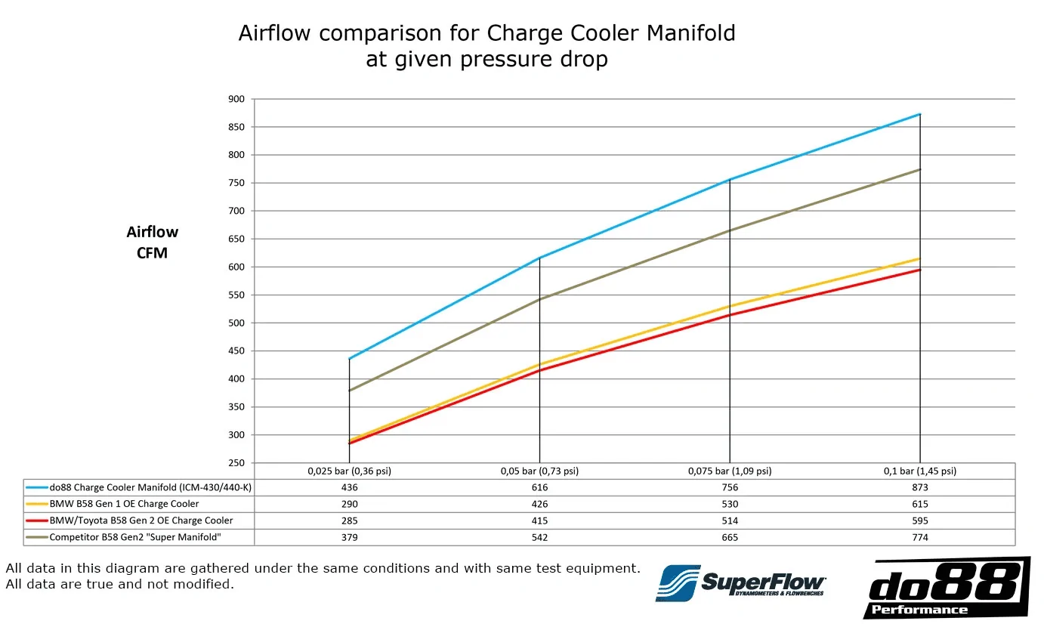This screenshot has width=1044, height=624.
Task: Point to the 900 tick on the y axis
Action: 236,99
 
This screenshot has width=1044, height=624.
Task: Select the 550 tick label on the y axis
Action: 236,295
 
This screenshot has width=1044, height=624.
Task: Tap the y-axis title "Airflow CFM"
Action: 153,242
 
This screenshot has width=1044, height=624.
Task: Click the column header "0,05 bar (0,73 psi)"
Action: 539,471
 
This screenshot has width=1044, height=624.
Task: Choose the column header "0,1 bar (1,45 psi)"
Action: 920,471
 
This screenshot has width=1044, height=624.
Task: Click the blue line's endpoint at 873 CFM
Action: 920,114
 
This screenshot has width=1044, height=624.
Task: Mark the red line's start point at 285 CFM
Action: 350,443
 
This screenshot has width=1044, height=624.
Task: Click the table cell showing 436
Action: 350,487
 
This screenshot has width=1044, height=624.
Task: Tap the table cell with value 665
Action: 730,537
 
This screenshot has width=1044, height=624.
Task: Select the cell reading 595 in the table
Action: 920,521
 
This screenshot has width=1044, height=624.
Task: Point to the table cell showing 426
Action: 539,504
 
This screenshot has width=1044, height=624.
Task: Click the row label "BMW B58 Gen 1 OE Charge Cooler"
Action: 124,504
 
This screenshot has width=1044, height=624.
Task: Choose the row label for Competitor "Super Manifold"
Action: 135,537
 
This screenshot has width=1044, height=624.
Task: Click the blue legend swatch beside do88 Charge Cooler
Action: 37,487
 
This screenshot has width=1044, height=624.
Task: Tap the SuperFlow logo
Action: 740,583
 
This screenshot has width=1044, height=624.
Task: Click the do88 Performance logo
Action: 947,588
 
